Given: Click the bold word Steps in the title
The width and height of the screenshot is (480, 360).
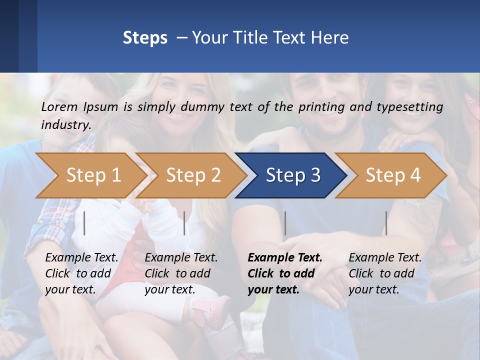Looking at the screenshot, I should click(145, 38).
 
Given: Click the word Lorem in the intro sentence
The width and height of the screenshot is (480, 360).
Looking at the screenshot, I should click(59, 106).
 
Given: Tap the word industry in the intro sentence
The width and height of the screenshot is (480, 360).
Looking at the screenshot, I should click(65, 125).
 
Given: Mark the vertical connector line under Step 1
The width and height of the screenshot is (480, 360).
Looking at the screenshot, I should click(84, 223).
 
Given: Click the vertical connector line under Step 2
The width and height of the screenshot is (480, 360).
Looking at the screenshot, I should click(184, 223).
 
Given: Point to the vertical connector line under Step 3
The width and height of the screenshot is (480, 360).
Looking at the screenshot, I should click(285, 223).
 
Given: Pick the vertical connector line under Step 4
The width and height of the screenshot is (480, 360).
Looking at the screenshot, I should click(386, 223).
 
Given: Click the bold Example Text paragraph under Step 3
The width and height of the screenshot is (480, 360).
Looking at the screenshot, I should click(285, 273).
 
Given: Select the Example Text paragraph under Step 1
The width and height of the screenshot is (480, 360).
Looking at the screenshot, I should click(81, 273).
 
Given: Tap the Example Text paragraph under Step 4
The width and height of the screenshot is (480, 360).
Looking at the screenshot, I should click(385, 273).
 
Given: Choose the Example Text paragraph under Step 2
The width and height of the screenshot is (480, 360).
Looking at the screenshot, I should click(181, 273).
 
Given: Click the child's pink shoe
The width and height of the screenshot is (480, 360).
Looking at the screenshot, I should click(210, 310).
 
